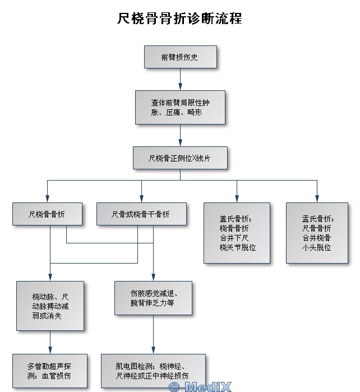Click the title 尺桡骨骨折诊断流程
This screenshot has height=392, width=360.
coord(179,19)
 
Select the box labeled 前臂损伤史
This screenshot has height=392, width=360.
coord(179,57)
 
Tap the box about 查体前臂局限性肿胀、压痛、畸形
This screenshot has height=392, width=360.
coord(179,107)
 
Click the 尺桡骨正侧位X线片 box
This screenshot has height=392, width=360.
coord(179,158)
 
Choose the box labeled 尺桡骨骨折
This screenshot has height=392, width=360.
coord(47,214)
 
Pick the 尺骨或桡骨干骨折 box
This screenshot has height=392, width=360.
coord(141,214)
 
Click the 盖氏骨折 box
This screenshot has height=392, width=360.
coord(238,232)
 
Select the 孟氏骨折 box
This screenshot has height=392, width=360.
coord(317,232)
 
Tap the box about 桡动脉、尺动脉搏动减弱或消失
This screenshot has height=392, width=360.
coord(50,306)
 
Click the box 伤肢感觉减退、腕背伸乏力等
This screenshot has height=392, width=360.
coord(153,298)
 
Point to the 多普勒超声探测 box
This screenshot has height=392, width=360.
coord(50,370)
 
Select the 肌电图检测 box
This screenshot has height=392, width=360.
coord(152,370)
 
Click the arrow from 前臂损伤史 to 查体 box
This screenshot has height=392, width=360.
coord(180,80)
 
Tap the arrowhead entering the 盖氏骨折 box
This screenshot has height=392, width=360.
coord(237,199)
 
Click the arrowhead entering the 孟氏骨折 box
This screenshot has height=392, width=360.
coord(317,199)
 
